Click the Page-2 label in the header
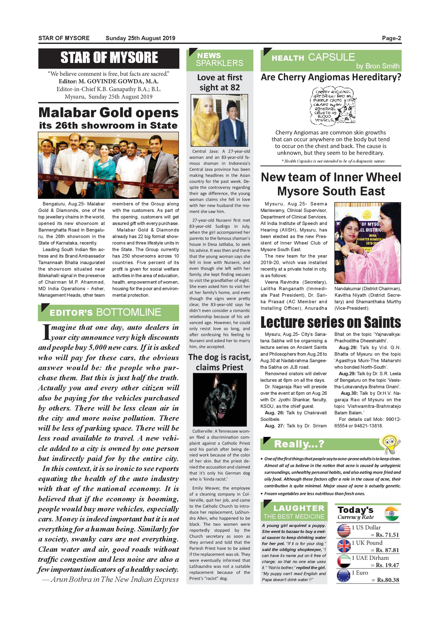coord(391,38)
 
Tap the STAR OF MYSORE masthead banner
coord(109,58)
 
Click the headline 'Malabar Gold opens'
coord(108,112)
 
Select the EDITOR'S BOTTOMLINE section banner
coord(108,312)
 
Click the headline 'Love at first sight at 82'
coord(220,82)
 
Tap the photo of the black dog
coord(220,400)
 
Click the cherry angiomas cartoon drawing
coord(333,106)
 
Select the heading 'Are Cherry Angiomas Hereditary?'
coord(331,77)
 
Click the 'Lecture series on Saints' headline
coord(331,322)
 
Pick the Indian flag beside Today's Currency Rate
coord(392,513)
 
